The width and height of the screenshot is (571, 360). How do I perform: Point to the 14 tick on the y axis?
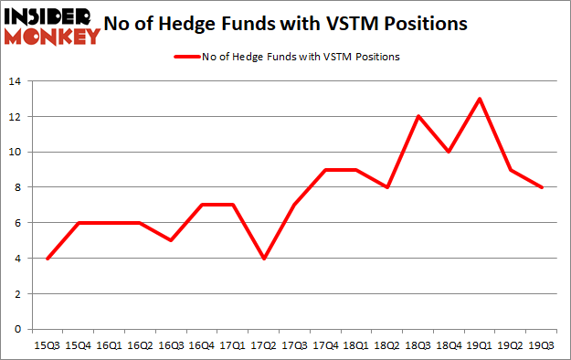coord(16,81)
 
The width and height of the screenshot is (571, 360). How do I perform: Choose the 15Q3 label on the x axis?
coord(48,344)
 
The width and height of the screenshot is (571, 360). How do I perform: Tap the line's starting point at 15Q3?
coord(48,258)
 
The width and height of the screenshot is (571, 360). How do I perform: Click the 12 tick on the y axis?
coord(16,116)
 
